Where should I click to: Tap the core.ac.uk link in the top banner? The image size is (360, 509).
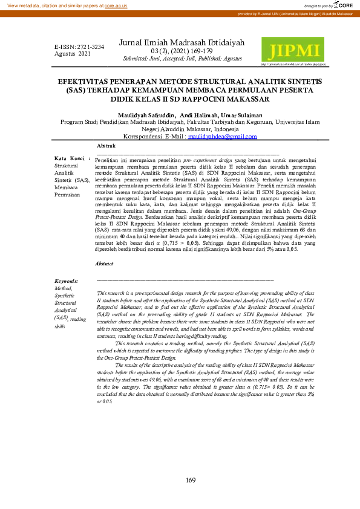(116, 5)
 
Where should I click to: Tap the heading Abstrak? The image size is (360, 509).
(106, 146)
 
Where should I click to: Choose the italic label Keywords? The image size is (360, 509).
(66, 281)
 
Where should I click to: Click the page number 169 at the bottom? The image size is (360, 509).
(191, 480)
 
